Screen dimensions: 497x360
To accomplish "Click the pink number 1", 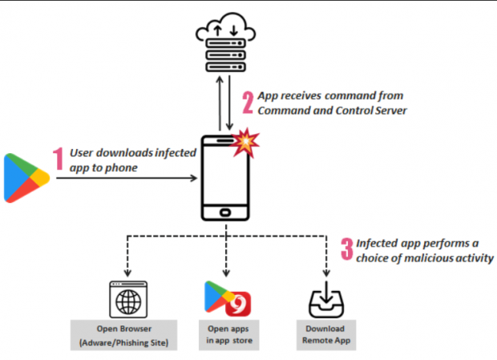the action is point(58,159).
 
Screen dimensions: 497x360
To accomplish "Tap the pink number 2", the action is point(248,103).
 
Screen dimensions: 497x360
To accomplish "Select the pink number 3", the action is point(347,249).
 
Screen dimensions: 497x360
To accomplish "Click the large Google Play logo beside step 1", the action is point(26,178).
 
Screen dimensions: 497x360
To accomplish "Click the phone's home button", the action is point(225,212).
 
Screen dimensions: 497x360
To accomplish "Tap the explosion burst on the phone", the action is point(245,143).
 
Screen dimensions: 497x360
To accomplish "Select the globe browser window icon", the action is point(128,299).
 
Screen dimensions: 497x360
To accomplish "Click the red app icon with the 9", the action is point(238,304).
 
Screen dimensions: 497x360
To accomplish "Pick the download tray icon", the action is point(326,300).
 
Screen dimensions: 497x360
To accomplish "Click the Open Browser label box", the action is point(123,335).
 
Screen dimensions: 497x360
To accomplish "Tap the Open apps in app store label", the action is point(228,335).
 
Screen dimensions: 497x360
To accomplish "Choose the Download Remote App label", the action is point(326,335).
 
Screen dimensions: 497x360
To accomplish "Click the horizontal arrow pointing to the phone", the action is point(127,178).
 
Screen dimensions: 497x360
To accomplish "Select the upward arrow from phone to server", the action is point(220,103).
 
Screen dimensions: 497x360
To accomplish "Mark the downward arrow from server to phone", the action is point(229,103).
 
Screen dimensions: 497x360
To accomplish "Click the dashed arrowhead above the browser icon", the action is point(127,273).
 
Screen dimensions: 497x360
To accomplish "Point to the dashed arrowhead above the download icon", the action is point(326,273).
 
